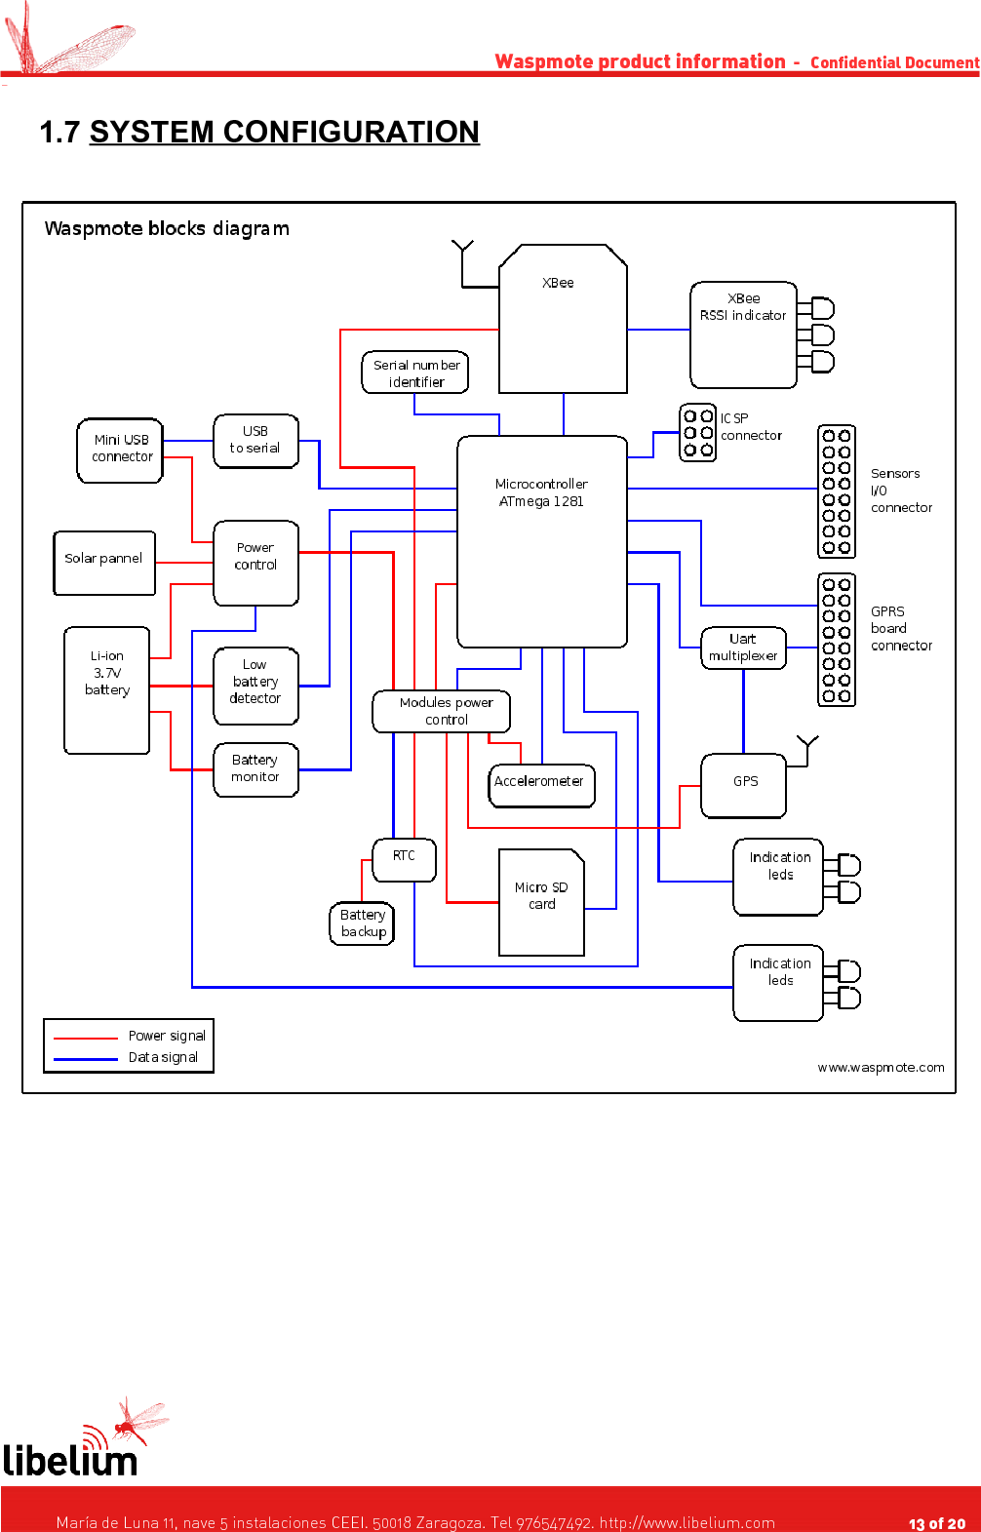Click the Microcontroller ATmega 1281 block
click(541, 541)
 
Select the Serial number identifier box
click(415, 373)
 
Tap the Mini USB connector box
click(121, 450)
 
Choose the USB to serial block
click(255, 441)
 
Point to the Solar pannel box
click(104, 563)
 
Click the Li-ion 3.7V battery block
click(107, 689)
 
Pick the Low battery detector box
click(255, 686)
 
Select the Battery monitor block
click(255, 769)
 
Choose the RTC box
click(405, 859)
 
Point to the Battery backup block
click(363, 923)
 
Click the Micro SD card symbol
click(541, 902)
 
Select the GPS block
click(744, 784)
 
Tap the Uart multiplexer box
click(743, 648)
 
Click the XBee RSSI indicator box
click(743, 334)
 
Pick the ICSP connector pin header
click(697, 433)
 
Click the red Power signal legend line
click(86, 1038)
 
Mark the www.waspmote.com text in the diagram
click(881, 1068)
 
